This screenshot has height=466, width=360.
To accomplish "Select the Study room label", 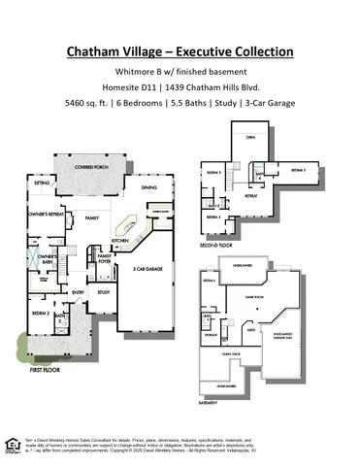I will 106,290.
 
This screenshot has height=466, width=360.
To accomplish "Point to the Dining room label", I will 148,187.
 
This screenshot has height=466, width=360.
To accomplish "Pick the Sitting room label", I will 42,183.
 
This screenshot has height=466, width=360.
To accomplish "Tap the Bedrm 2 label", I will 40,314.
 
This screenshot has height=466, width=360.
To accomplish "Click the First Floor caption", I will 48,370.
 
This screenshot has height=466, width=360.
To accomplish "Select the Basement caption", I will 209,401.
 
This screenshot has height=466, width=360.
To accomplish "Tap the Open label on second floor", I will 249,137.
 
